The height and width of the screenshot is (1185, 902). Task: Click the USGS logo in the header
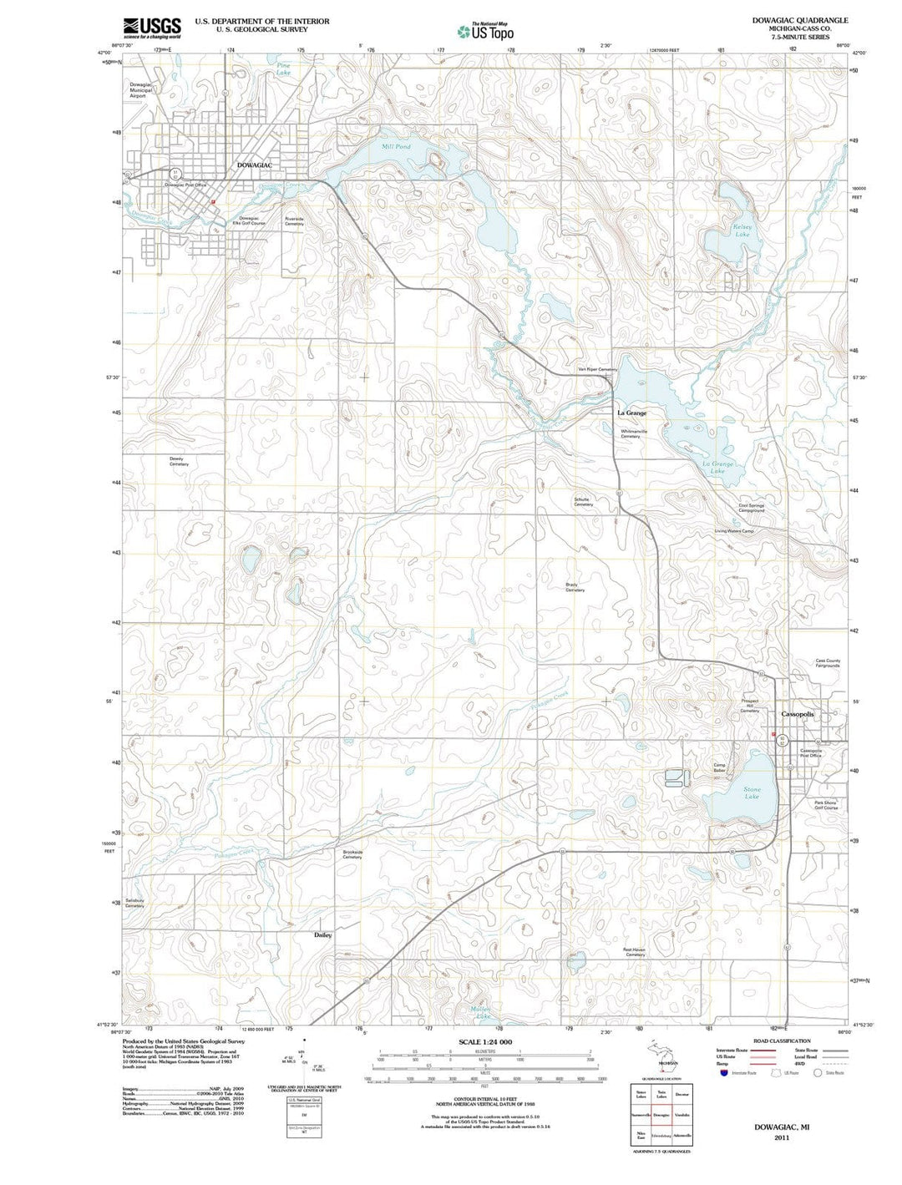151,28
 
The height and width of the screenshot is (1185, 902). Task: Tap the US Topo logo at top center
485,31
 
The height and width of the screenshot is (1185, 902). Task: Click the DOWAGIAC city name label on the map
255,165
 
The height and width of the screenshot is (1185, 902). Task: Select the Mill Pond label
396,147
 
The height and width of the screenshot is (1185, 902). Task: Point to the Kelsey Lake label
742,230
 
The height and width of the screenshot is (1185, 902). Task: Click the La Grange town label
631,413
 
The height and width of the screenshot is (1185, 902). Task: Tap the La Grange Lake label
717,468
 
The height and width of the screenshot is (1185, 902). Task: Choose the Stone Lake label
752,793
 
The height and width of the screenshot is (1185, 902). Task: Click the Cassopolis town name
797,715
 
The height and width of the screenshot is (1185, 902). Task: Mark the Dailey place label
323,934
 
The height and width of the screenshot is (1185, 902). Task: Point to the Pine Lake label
284,69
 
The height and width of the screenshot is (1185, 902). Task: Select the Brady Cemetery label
575,587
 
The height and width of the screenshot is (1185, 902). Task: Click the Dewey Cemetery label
179,461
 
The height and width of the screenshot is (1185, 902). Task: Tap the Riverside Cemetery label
294,221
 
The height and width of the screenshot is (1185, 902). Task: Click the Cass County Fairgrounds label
828,663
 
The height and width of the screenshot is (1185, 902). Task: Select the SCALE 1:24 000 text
485,1042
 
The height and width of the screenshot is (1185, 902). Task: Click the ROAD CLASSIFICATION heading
782,1041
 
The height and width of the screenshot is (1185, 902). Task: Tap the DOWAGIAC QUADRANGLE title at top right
788,20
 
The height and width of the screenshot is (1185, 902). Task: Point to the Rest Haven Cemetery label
635,951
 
